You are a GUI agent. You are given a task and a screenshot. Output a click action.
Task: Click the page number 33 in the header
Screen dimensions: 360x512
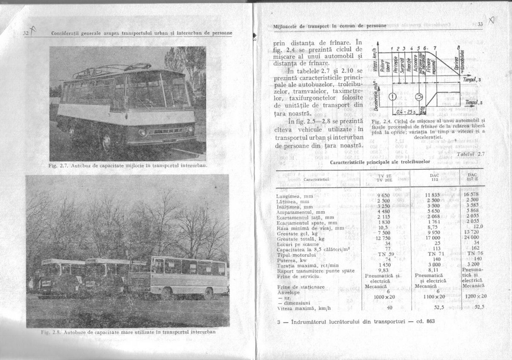coord(480,25)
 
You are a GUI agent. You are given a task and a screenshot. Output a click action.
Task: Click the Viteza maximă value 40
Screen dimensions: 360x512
coord(389,307)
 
